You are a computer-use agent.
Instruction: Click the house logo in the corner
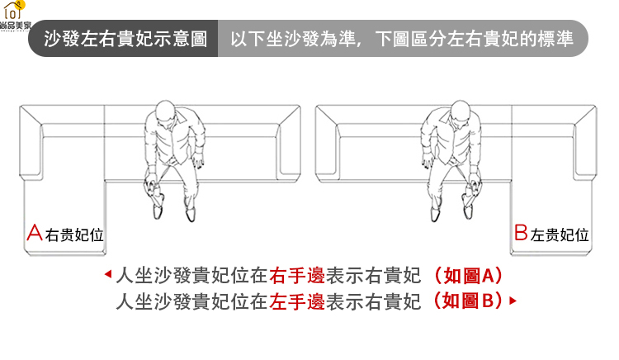[14, 11]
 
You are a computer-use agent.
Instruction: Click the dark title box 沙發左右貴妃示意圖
[123, 38]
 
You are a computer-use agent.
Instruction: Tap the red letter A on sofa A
[35, 233]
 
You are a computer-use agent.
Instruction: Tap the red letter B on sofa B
[521, 233]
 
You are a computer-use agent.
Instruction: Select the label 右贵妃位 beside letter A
[74, 235]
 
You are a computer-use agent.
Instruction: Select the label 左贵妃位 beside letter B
[560, 235]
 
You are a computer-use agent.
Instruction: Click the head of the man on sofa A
[165, 110]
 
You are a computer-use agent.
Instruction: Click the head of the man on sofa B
[460, 110]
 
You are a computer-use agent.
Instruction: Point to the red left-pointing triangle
[108, 274]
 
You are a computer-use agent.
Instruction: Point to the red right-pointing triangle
[513, 301]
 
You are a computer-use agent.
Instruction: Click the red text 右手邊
[297, 275]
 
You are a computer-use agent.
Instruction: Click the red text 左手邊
[297, 302]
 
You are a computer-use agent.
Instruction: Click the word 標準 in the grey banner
[555, 39]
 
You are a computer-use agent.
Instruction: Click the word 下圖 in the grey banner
[392, 39]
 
